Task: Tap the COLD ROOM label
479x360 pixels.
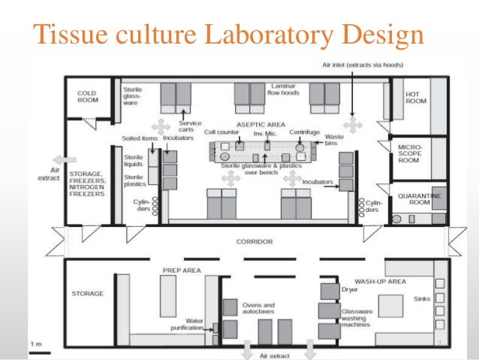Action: click(x=89, y=96)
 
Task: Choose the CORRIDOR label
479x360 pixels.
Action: click(x=254, y=242)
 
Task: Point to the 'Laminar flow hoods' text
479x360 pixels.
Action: click(x=285, y=90)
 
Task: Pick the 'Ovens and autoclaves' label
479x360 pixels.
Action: click(x=258, y=308)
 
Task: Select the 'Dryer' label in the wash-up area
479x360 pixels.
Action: click(x=350, y=287)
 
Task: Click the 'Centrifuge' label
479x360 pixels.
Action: click(x=305, y=132)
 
